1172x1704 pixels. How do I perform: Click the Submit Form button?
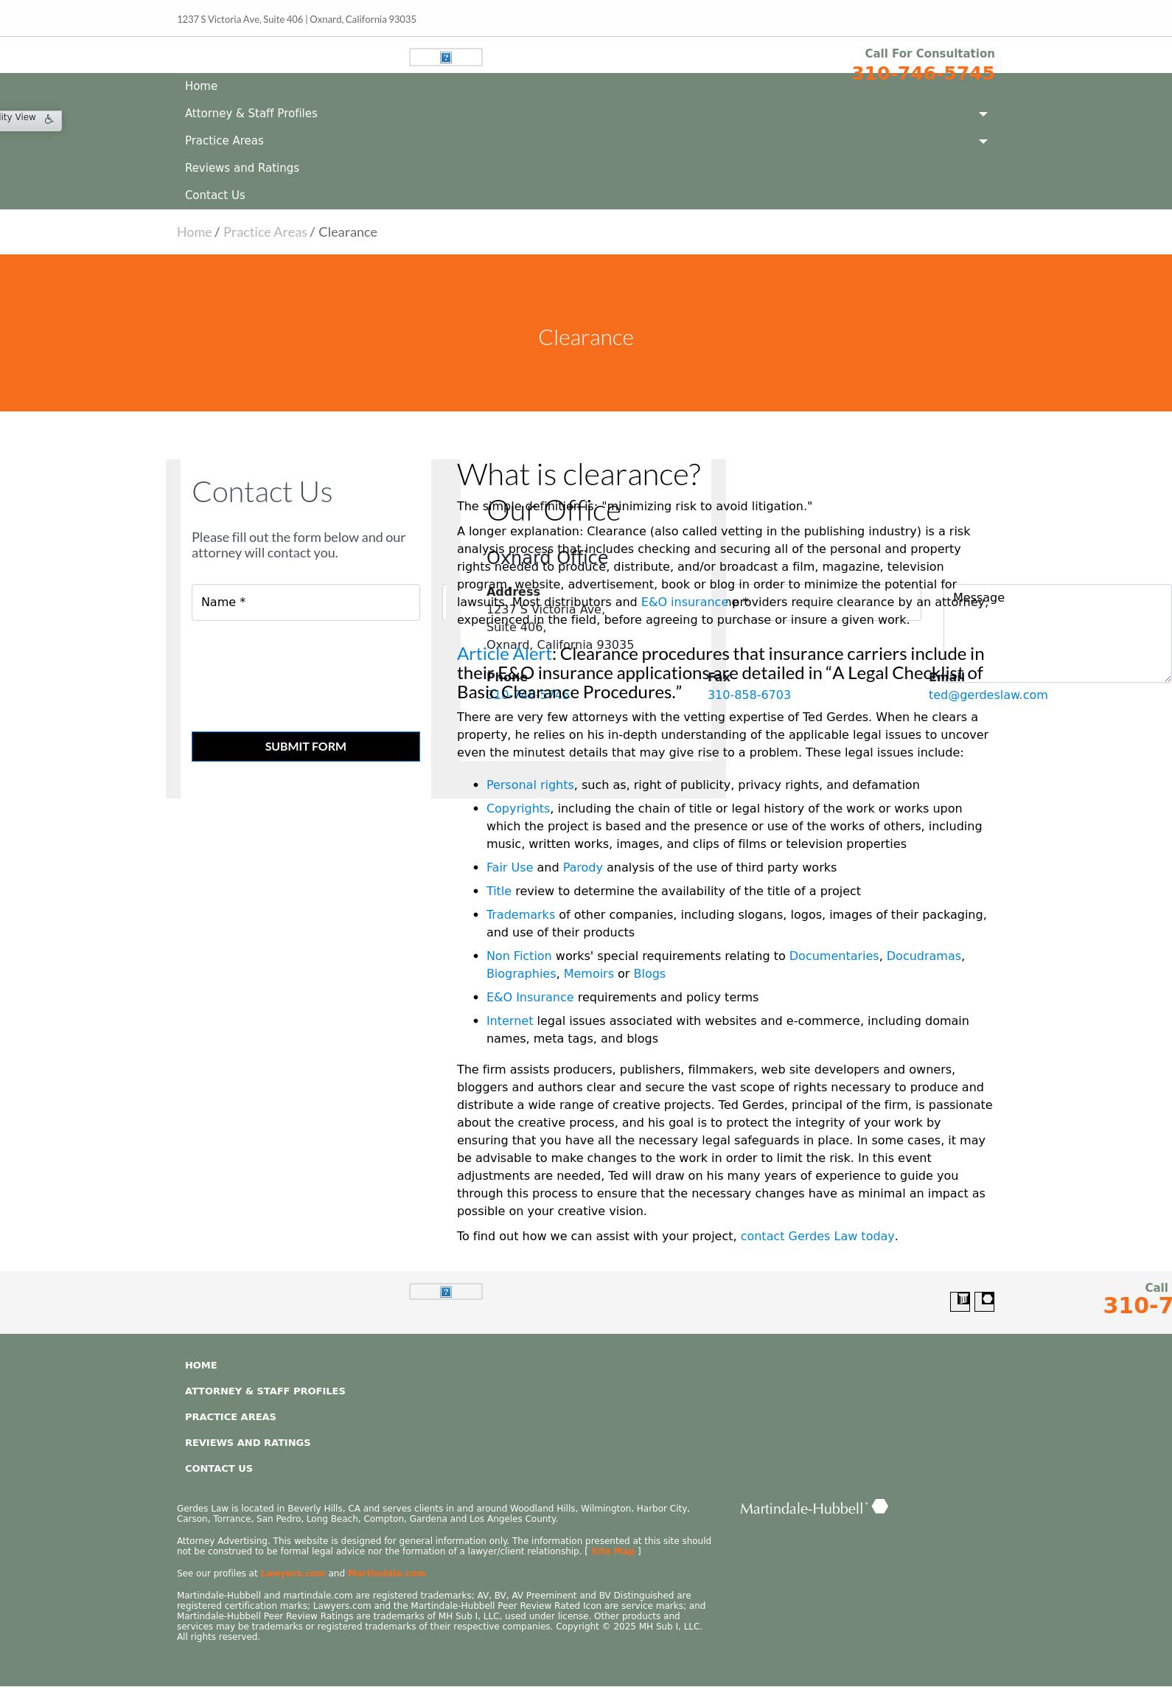point(305,746)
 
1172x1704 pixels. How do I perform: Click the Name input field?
point(305,602)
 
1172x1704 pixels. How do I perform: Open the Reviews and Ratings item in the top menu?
point(242,168)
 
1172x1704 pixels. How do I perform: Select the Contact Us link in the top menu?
point(214,195)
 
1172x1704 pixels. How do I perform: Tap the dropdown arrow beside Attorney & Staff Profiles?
point(983,114)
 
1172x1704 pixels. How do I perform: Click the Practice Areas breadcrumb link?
point(265,232)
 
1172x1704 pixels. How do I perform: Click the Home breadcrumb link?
point(194,232)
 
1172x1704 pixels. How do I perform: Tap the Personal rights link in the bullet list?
point(529,785)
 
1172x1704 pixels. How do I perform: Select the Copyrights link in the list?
point(517,809)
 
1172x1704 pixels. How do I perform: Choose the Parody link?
point(582,868)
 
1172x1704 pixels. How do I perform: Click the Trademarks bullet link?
point(520,915)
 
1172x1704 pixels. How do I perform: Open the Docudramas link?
point(923,956)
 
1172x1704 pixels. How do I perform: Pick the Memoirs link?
point(588,974)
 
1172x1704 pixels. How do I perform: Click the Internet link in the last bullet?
point(509,1021)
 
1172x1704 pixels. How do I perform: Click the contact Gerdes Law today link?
point(817,1237)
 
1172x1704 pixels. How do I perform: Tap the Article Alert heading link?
point(504,654)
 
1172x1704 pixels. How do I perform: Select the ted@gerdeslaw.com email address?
point(988,695)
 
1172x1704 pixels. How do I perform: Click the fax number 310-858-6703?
point(749,695)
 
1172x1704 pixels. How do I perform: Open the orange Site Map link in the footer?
point(612,1551)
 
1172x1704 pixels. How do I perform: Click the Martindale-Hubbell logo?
point(814,1508)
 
